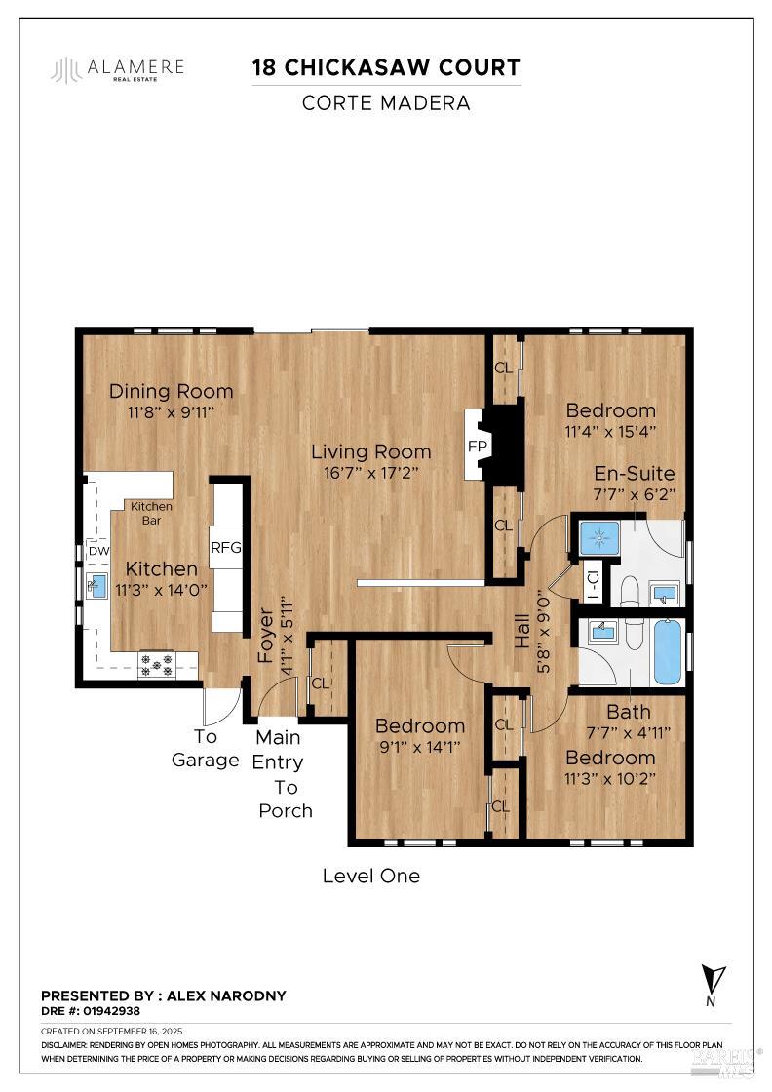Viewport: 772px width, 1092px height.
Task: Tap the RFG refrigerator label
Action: (x=225, y=548)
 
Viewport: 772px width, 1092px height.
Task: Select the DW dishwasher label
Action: (x=98, y=551)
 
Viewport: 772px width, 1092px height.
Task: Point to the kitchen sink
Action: (x=97, y=585)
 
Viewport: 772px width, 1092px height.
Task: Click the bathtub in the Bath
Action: (x=668, y=651)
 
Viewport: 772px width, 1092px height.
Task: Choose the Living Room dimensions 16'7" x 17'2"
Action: (x=370, y=473)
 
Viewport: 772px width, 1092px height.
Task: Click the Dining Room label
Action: (x=172, y=391)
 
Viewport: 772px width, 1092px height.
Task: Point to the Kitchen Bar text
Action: (x=152, y=513)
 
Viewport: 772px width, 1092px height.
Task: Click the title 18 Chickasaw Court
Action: (x=386, y=67)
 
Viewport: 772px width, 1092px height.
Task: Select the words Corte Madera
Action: (x=386, y=102)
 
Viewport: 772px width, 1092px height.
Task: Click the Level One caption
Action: (x=371, y=876)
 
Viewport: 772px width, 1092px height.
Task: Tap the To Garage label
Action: (x=205, y=749)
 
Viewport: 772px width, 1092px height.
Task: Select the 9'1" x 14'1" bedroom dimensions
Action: (x=420, y=747)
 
